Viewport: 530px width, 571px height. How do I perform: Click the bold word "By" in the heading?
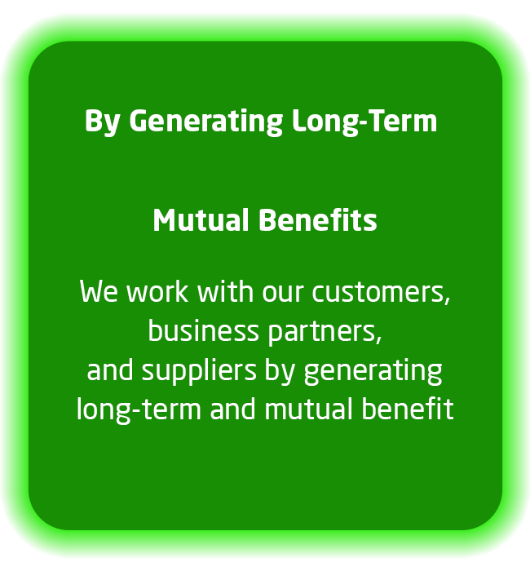[x=102, y=122]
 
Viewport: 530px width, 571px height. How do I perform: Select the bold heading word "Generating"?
[x=205, y=122]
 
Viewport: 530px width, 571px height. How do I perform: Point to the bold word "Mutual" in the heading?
[x=201, y=220]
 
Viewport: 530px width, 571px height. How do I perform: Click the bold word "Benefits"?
[x=318, y=220]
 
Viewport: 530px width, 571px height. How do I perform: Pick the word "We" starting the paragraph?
[x=99, y=291]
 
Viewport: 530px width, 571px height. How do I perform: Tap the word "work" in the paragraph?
[x=157, y=291]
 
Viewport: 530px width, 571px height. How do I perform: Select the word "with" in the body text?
[x=225, y=291]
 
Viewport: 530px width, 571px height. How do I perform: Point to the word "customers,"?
[x=381, y=293]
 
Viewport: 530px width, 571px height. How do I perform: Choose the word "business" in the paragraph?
[x=204, y=330]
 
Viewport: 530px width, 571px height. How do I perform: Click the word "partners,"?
[x=325, y=333]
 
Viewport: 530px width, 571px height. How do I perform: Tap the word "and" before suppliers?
[x=110, y=370]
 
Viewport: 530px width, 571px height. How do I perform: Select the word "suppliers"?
[x=199, y=372]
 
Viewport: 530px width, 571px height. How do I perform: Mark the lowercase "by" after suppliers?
[x=280, y=372]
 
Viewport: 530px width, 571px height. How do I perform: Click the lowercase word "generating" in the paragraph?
[x=373, y=372]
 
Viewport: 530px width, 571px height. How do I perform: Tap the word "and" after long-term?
[x=233, y=409]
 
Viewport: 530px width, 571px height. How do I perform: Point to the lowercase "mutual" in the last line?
[x=309, y=409]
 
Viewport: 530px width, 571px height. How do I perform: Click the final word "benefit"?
[x=408, y=409]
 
